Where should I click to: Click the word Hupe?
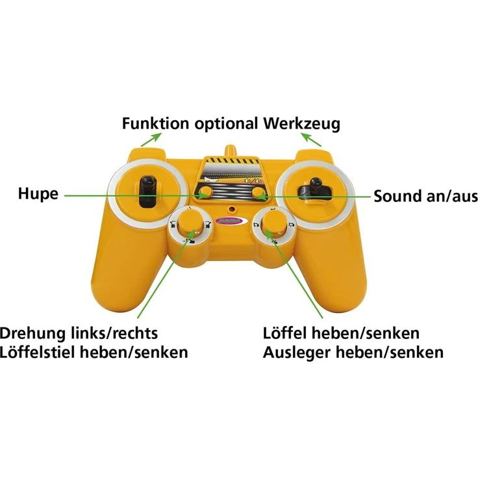[x=38, y=194]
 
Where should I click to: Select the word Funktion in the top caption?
[x=155, y=123]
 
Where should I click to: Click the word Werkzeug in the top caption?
[x=302, y=124]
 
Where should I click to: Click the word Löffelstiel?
[x=38, y=353]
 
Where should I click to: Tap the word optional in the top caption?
[x=226, y=124]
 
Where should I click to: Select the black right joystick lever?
[x=315, y=188]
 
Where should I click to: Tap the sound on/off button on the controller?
[x=258, y=193]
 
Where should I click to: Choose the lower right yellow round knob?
[x=275, y=224]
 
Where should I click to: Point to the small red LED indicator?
[x=233, y=209]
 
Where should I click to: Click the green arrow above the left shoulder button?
[x=151, y=140]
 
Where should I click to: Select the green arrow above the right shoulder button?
[x=311, y=140]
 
